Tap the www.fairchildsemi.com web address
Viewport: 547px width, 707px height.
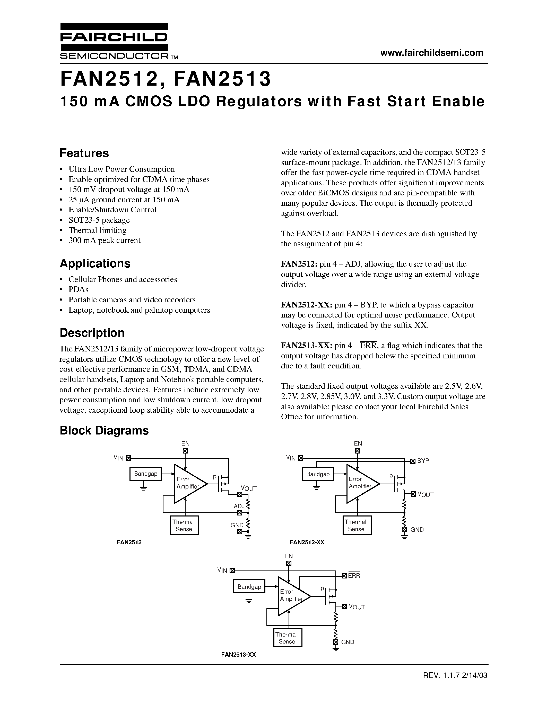pos(432,53)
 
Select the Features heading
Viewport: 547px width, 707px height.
pos(84,153)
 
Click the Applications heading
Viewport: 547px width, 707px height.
pos(95,264)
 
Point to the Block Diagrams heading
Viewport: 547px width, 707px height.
pos(104,430)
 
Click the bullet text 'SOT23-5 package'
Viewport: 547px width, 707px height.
pos(99,220)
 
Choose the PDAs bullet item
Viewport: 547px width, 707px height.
pos(79,289)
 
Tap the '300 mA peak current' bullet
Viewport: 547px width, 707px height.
pos(104,241)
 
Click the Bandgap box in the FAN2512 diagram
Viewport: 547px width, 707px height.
pos(145,474)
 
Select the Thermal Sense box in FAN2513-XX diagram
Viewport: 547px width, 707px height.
pos(288,638)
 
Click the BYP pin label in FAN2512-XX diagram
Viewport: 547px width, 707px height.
pos(423,461)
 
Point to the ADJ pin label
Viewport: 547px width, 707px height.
pos(239,506)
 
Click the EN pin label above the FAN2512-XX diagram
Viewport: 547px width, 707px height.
pos(358,443)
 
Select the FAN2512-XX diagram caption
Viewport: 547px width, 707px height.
pos(307,542)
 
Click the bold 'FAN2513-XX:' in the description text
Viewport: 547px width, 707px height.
pos(306,346)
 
